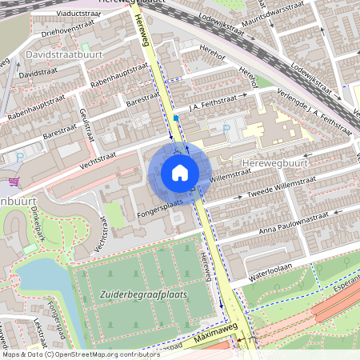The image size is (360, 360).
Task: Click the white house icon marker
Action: point(179,173)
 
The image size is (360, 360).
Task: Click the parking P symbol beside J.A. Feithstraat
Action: point(227,127)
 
